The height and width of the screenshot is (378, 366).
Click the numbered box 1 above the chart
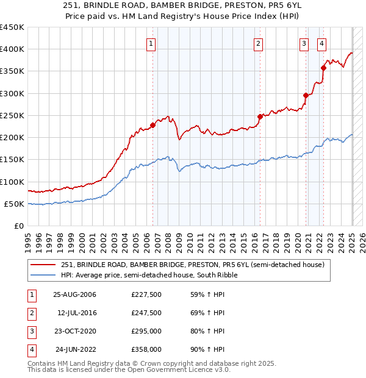(150, 43)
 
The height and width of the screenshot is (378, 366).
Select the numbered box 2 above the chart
(259, 43)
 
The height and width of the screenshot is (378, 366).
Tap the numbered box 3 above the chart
(304, 43)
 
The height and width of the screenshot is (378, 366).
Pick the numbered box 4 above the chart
(321, 43)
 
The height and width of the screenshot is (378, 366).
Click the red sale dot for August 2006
(152, 125)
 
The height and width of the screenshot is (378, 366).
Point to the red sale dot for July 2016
(259, 116)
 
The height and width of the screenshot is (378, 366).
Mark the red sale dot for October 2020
(306, 95)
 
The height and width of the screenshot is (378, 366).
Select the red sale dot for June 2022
(323, 68)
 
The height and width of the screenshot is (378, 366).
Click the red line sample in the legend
(44, 265)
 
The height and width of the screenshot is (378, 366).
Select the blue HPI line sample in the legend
(44, 275)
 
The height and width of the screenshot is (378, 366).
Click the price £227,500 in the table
(146, 294)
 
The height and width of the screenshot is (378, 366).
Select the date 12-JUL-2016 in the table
(76, 313)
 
